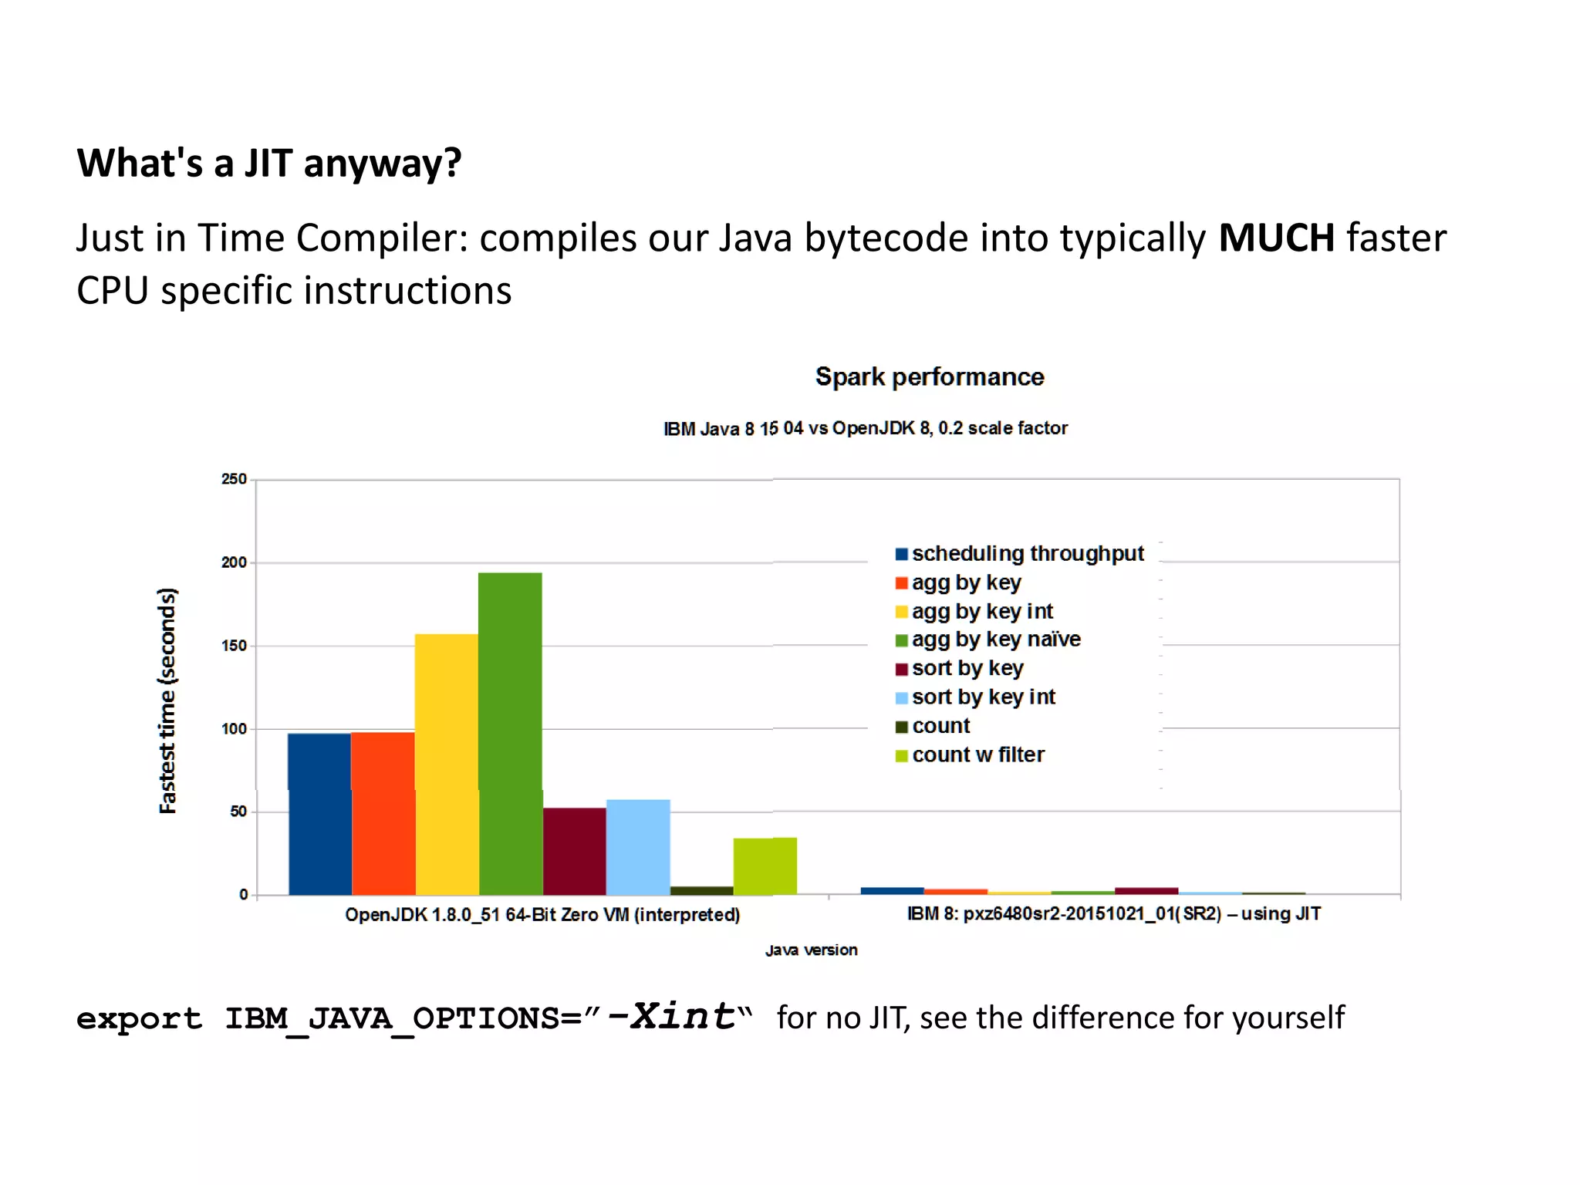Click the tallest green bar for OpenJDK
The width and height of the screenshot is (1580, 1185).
[x=510, y=733]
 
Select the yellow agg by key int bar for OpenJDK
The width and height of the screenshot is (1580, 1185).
[x=446, y=764]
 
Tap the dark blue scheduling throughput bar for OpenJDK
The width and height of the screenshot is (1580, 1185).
[x=319, y=814]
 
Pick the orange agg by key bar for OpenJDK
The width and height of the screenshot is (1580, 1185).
[x=383, y=813]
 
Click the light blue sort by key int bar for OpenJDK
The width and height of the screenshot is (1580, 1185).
[x=638, y=847]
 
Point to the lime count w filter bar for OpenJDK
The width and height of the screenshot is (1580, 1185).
[x=765, y=866]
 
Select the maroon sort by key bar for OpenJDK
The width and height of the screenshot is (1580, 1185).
[x=574, y=851]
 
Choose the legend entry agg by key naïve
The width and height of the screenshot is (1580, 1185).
[x=995, y=640]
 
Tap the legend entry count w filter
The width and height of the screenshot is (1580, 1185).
[x=977, y=755]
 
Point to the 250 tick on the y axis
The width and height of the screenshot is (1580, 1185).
[x=234, y=479]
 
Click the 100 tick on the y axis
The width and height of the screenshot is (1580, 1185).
[x=234, y=729]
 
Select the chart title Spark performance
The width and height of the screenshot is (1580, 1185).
[x=930, y=376]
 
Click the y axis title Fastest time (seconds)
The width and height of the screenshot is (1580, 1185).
[x=167, y=701]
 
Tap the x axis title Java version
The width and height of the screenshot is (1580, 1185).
[x=811, y=950]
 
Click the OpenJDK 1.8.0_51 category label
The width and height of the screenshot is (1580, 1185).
[x=542, y=915]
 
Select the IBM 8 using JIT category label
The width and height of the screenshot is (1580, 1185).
[x=1113, y=914]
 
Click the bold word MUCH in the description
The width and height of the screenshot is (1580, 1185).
[x=1276, y=238]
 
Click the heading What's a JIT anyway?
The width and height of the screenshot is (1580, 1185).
[x=269, y=163]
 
